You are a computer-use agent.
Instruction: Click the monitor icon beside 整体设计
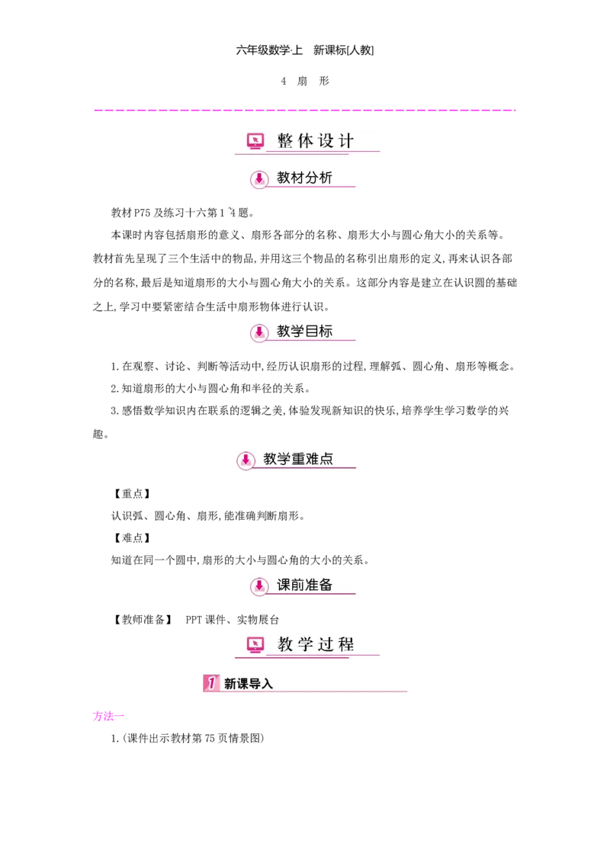coord(255,141)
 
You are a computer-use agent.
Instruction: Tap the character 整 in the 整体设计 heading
coord(285,141)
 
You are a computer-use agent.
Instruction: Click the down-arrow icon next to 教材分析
coord(259,179)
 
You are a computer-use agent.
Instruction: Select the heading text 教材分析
coord(304,178)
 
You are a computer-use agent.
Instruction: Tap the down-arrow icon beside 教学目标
coord(259,332)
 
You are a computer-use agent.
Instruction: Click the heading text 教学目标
coord(304,331)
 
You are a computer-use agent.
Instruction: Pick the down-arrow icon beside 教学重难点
coord(246,460)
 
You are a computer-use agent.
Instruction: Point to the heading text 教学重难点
coord(298,459)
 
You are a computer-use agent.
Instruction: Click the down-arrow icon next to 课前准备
coord(259,585)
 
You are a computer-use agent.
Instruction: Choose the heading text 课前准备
coord(304,585)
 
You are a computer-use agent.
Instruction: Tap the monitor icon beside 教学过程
coord(255,645)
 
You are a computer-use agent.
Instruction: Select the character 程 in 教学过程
coord(346,645)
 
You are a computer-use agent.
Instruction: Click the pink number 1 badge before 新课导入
coord(210,683)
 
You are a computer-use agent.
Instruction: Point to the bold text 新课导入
coord(249,684)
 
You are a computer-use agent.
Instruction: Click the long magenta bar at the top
coord(305,110)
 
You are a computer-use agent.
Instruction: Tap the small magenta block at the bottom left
coord(103,716)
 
